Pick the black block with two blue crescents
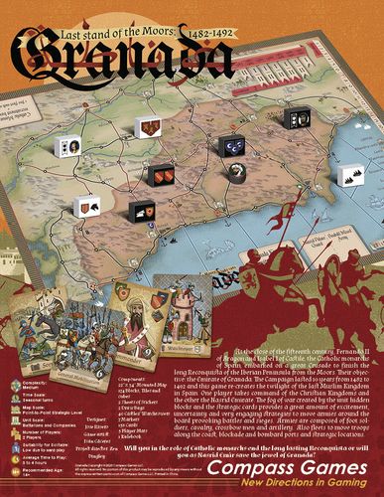234,147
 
